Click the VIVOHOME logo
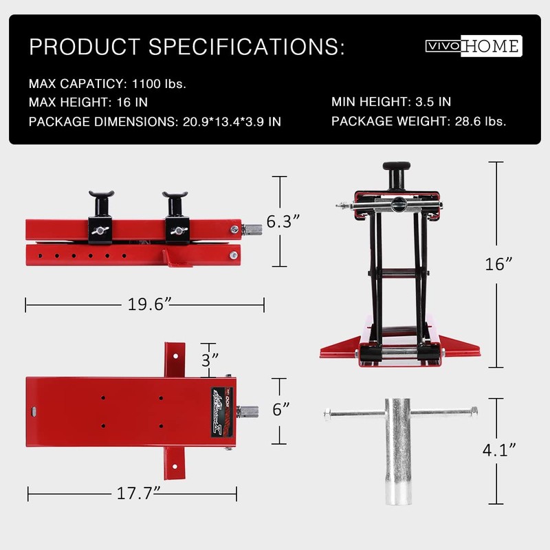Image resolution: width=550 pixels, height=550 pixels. point(474,46)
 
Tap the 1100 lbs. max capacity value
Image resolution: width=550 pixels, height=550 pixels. point(159,84)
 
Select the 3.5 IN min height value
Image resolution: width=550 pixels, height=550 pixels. point(433,102)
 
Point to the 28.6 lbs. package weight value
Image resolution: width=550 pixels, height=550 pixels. point(481,122)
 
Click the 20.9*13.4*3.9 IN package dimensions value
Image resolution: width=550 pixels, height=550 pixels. point(232,122)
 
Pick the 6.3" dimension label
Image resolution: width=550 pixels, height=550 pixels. point(283,221)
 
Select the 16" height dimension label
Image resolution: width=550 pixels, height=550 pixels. point(498,264)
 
